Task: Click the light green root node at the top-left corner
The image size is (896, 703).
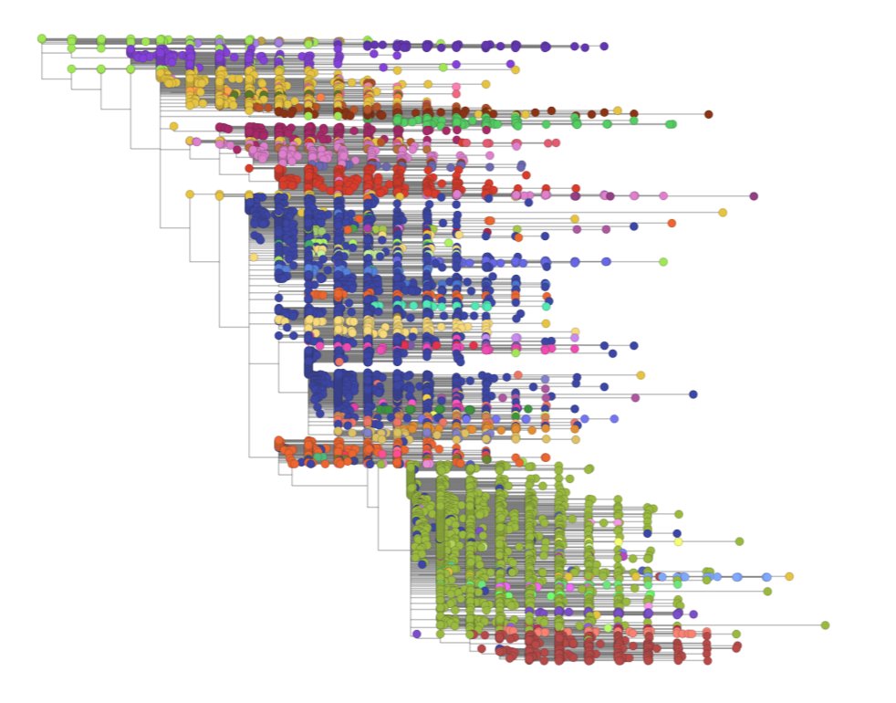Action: point(42,38)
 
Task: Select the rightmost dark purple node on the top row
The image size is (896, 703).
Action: point(604,46)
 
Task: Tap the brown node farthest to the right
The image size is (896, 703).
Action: point(708,114)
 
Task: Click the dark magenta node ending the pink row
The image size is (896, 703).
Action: point(754,196)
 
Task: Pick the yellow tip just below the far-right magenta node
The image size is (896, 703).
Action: point(723,213)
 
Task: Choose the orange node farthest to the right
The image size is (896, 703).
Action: point(672,223)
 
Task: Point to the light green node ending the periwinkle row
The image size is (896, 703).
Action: point(663,262)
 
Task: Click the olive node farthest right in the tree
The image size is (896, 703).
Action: point(825,625)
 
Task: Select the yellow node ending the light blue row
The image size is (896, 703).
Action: point(789,576)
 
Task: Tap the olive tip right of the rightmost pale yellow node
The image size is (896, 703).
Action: point(739,541)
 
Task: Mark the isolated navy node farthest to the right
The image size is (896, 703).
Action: point(693,394)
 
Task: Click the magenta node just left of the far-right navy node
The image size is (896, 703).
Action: point(635,397)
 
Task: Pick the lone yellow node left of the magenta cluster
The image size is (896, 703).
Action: point(173,126)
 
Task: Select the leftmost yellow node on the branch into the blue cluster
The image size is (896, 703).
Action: point(190,194)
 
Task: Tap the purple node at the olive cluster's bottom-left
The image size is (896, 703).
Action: point(417,634)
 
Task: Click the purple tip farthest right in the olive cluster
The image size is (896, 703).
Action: point(693,614)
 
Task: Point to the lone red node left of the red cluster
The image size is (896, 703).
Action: point(249,168)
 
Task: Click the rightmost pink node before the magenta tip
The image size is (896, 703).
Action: point(663,195)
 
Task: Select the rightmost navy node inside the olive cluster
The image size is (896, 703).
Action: point(676,533)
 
